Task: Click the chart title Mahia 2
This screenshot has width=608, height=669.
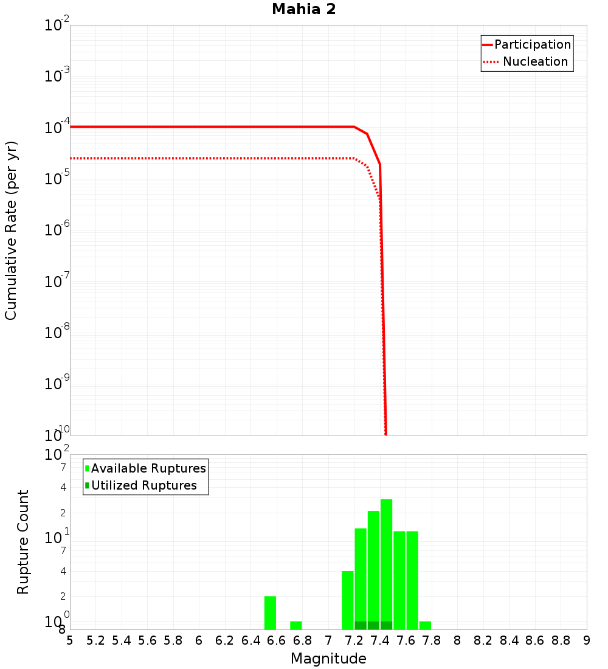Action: [x=303, y=9]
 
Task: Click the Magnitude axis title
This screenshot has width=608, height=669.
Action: [x=328, y=659]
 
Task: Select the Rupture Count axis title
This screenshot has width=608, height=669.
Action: [x=23, y=542]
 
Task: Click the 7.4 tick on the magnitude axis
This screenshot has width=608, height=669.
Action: [x=380, y=640]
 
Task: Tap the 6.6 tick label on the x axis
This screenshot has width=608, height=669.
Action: [x=277, y=640]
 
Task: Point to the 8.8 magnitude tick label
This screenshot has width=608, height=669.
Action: [x=561, y=640]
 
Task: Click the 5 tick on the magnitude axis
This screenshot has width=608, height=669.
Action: [x=70, y=640]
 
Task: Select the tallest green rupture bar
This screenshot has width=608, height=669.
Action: [x=386, y=560]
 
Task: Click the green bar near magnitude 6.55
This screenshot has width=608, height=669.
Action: [x=270, y=612]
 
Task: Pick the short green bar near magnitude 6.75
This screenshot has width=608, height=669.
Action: [x=296, y=625]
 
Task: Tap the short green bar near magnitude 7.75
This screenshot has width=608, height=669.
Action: [x=425, y=625]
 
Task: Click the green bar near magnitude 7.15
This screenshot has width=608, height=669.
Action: [x=348, y=600]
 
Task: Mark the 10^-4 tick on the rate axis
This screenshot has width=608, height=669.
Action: [x=57, y=127]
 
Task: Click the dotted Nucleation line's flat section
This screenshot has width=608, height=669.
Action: [x=213, y=158]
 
